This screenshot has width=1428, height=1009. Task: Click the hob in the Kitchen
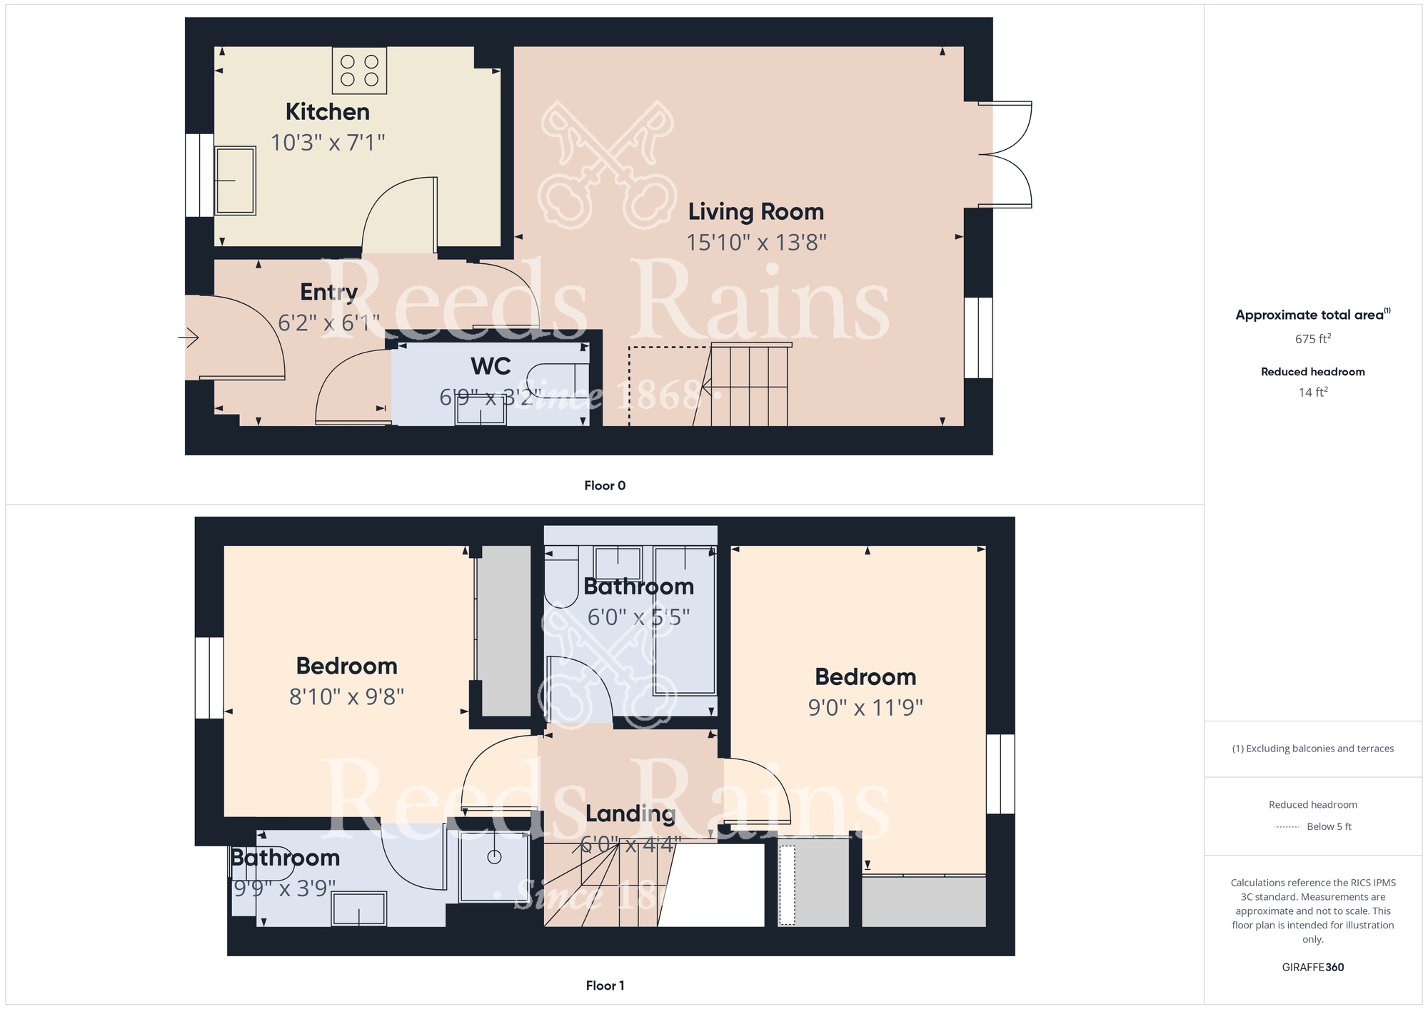(359, 71)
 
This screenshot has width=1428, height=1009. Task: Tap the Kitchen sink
(235, 181)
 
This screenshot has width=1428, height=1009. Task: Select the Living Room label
(755, 212)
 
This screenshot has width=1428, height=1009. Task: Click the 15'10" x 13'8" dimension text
(756, 243)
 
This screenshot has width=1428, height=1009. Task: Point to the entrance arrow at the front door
(188, 337)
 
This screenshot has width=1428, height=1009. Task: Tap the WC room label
(491, 366)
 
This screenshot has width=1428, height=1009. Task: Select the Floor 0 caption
(604, 486)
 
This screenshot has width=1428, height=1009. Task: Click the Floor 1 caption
(604, 985)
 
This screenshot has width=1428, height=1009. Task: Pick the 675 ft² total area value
(1312, 339)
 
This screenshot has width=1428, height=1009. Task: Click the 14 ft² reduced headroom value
(1312, 392)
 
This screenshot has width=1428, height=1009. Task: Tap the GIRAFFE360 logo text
(1312, 968)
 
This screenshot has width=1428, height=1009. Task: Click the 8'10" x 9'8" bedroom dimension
(346, 696)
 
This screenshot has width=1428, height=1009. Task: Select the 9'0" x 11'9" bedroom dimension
(865, 707)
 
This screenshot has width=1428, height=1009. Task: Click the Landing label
(630, 813)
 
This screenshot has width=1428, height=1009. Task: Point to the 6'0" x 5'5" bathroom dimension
(638, 617)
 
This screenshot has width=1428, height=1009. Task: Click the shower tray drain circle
(494, 857)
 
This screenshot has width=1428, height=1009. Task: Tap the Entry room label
(328, 292)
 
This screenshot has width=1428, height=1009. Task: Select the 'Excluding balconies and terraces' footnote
(1312, 749)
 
